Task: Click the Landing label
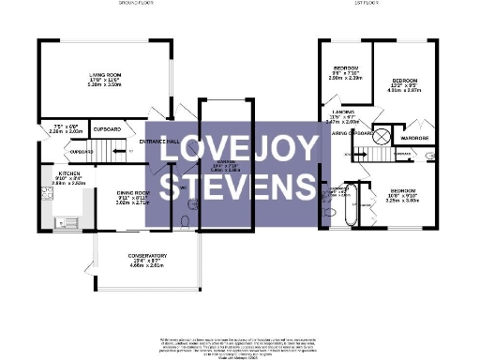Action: (x=343, y=112)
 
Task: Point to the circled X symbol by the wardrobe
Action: (x=382, y=134)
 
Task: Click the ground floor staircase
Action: (x=113, y=147)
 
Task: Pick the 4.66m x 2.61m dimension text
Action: (x=147, y=266)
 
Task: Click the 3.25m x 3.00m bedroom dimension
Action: (x=400, y=200)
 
